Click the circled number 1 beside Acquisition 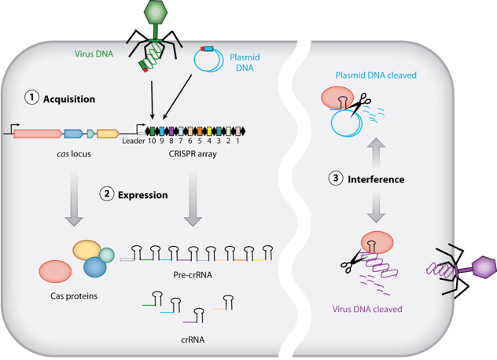[31, 98]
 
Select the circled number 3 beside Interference [336, 178]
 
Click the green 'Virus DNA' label [86, 54]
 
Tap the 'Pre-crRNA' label [193, 275]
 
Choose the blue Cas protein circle [95, 267]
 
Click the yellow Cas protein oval [87, 251]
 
